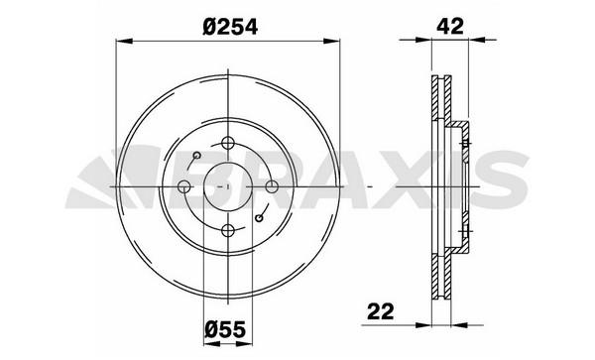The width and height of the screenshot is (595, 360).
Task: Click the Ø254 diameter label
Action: (230, 27)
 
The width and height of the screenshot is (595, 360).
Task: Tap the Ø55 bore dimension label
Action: (225, 329)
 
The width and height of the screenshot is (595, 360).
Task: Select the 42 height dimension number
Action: (450, 27)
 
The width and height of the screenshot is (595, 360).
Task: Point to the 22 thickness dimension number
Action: (381, 311)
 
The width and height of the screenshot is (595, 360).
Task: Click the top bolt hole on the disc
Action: (228, 143)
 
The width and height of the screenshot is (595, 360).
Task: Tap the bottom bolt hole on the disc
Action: (228, 230)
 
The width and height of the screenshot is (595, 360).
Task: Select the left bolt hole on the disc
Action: (184, 186)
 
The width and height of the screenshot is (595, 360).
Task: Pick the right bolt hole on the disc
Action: (272, 186)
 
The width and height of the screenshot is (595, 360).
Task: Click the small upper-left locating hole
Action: (197, 155)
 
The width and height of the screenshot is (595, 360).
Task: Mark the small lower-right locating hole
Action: (259, 218)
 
